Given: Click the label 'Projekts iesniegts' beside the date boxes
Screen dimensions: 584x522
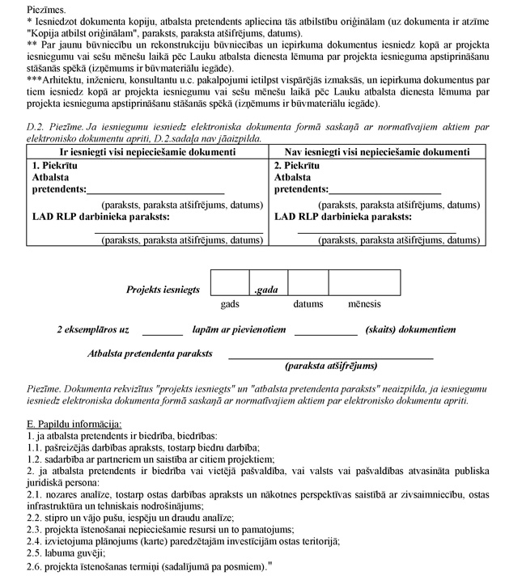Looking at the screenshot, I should click(x=163, y=289).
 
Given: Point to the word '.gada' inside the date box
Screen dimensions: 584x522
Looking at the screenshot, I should click(x=266, y=289).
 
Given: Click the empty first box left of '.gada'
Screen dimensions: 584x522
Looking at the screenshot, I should click(x=230, y=282).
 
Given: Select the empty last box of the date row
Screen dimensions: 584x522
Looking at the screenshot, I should click(x=363, y=282).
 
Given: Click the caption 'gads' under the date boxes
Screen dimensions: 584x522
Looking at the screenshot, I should click(x=230, y=304).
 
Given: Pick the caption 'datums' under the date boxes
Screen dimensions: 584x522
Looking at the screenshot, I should click(x=308, y=304).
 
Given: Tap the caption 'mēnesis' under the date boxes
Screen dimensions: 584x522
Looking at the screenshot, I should click(x=364, y=304).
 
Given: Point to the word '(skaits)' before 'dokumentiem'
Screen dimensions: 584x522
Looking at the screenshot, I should click(x=383, y=329).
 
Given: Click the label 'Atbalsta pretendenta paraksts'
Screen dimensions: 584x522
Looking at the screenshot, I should click(x=150, y=353).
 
